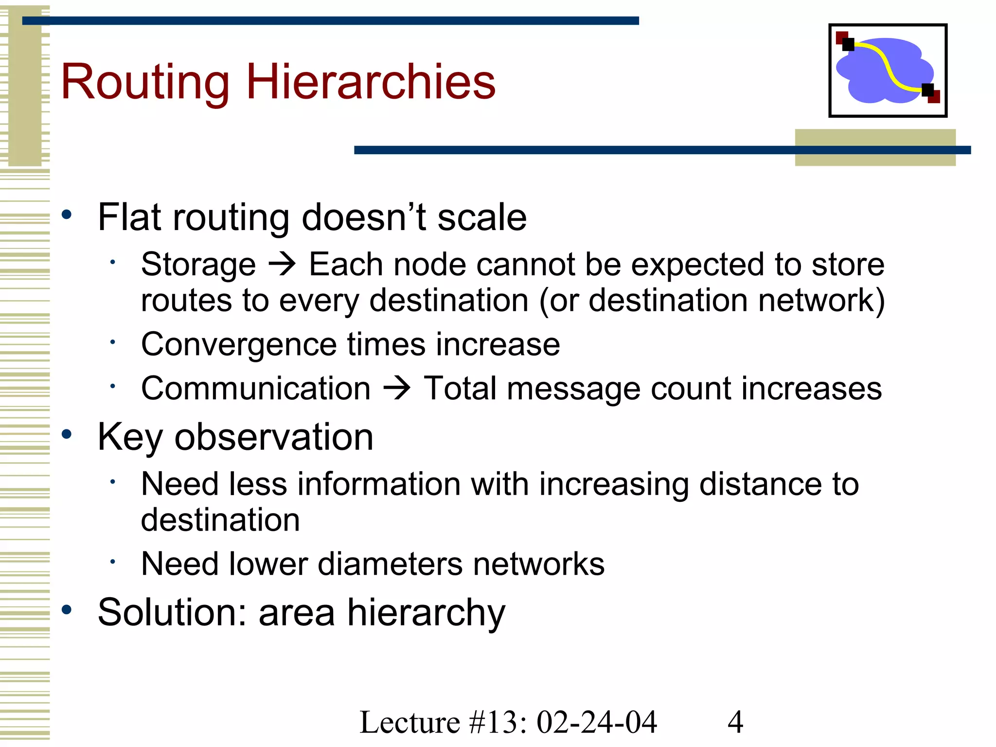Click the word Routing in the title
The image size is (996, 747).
[145, 83]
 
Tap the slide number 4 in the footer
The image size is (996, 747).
[735, 722]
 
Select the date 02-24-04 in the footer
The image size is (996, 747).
[597, 722]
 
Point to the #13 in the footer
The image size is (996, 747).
[493, 722]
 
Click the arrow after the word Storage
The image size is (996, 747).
[282, 265]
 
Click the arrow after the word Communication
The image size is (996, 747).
[397, 389]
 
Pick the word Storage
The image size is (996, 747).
[198, 265]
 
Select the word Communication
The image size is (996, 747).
[256, 389]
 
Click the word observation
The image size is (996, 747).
[274, 437]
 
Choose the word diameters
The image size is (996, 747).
[390, 564]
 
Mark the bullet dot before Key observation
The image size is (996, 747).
[67, 434]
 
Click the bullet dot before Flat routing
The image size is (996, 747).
[67, 214]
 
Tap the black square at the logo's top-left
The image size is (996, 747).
[848, 45]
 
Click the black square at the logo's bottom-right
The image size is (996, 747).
[928, 90]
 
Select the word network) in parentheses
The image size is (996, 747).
[821, 301]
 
